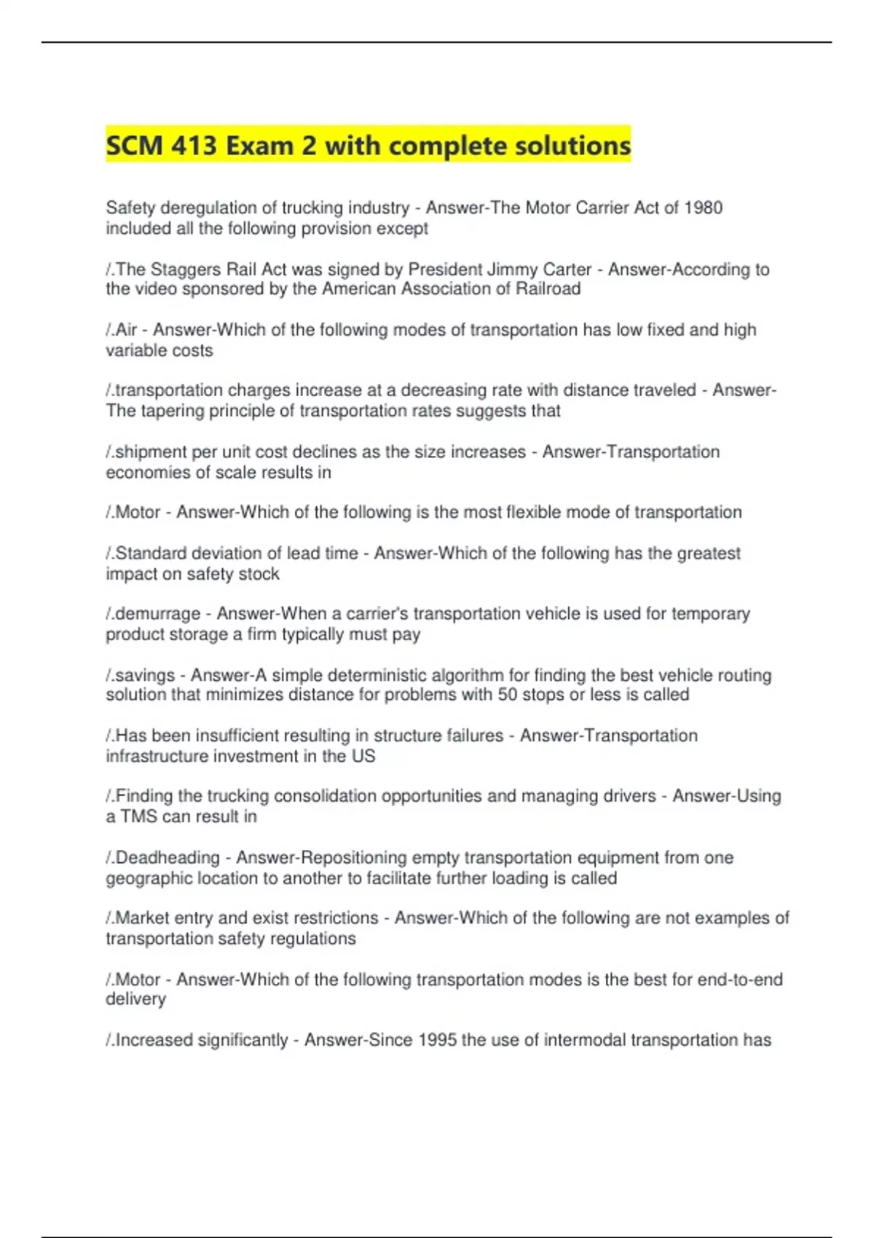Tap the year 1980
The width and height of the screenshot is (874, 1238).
coord(703,208)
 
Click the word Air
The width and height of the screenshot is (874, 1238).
coord(126,330)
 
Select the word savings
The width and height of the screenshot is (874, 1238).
coord(145,675)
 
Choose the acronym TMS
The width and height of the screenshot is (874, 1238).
coord(138,816)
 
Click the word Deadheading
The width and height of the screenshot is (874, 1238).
coord(168,857)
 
